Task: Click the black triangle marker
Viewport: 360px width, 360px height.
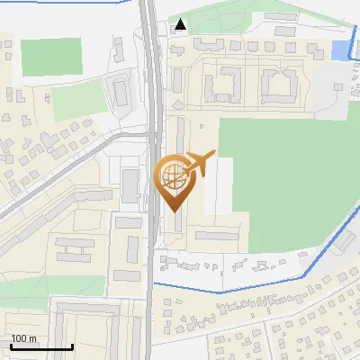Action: pyautogui.click(x=182, y=24)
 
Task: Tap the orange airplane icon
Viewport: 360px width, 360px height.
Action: pyautogui.click(x=197, y=165)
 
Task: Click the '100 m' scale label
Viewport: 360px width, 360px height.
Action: pyautogui.click(x=24, y=338)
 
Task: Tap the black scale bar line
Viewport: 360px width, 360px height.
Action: pyautogui.click(x=41, y=346)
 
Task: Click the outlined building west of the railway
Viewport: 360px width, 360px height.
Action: pyautogui.click(x=120, y=91)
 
